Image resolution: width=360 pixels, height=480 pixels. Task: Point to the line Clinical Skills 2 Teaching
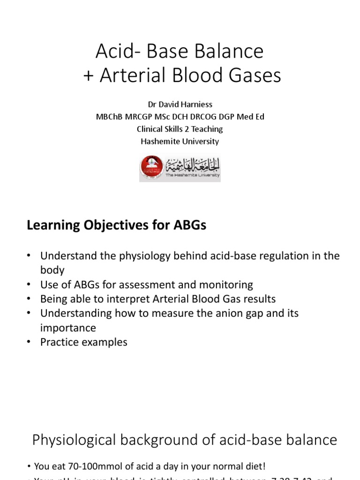pyautogui.click(x=180, y=129)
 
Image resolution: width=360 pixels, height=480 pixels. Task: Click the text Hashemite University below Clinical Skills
pyautogui.click(x=180, y=141)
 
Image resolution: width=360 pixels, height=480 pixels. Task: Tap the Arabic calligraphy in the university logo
pyautogui.click(x=192, y=165)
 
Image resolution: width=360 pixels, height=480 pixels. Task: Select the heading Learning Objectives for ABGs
pyautogui.click(x=116, y=225)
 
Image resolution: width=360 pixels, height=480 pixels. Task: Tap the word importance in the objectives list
pyautogui.click(x=68, y=328)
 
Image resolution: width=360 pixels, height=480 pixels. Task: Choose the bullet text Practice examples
pyautogui.click(x=83, y=342)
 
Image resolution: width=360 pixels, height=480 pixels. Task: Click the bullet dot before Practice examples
pyautogui.click(x=29, y=342)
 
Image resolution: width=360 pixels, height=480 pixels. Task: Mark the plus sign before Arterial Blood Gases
pyautogui.click(x=89, y=75)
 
